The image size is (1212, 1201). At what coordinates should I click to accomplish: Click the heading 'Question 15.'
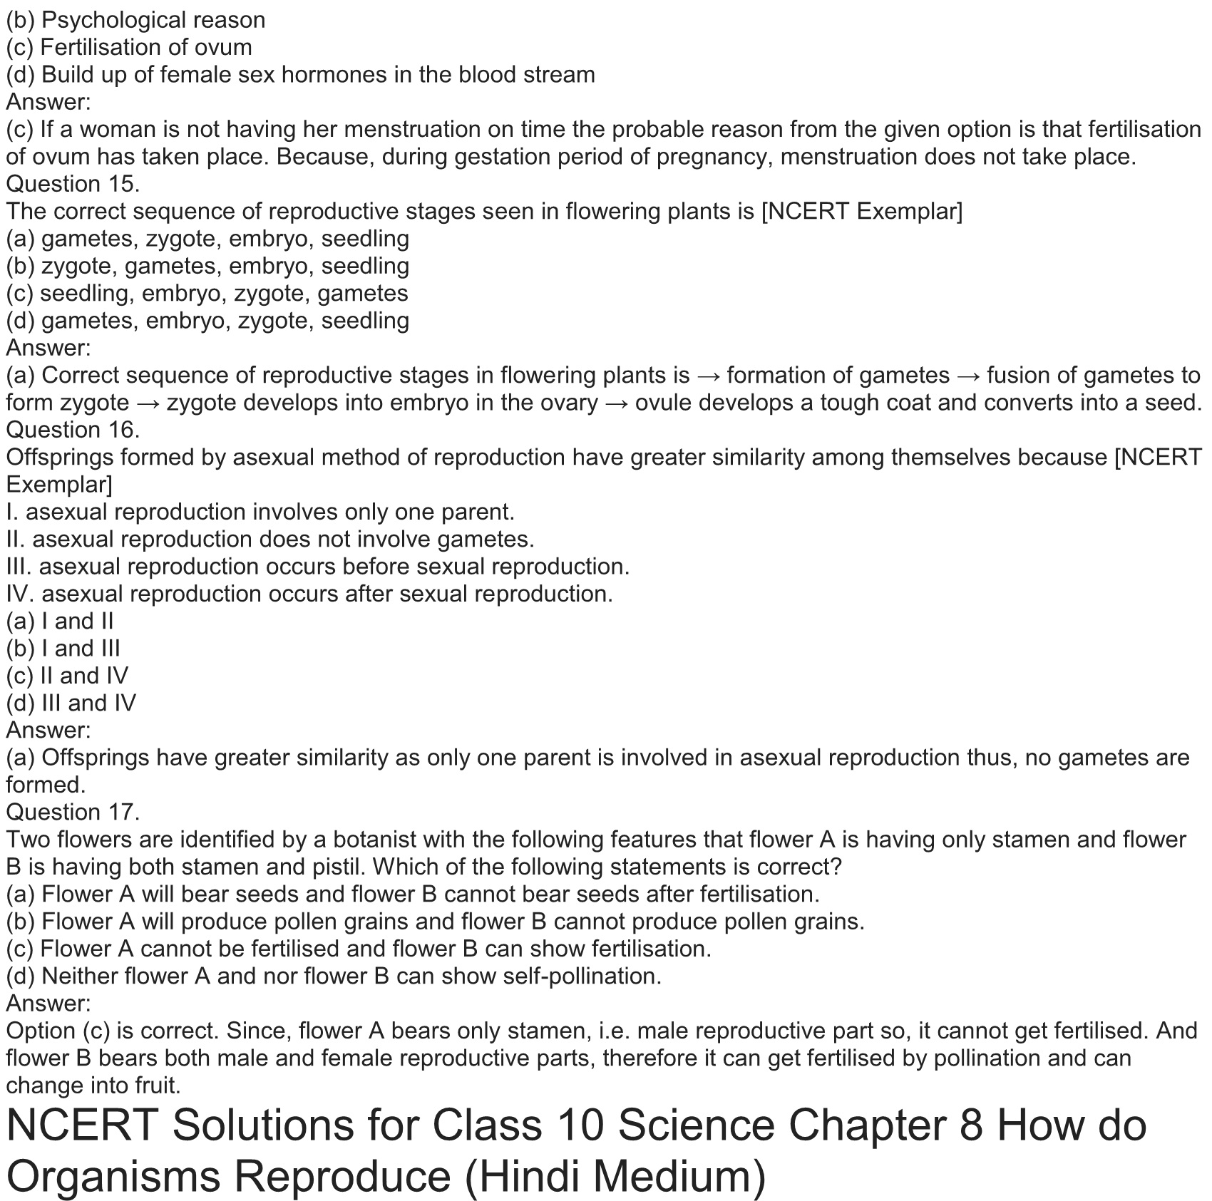click(x=73, y=184)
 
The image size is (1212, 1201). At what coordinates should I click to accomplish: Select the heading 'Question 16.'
click(x=73, y=430)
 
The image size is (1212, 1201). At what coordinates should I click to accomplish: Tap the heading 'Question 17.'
click(x=73, y=812)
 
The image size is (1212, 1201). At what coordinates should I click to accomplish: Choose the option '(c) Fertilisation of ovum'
click(x=129, y=47)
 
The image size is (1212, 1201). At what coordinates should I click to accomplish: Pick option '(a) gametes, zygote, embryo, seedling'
click(x=207, y=239)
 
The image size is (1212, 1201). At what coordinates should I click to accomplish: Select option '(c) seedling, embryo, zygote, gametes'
click(x=207, y=293)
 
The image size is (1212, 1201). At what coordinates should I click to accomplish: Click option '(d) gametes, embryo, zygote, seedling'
click(x=207, y=321)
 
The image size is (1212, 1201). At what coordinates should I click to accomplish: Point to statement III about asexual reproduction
click(x=318, y=567)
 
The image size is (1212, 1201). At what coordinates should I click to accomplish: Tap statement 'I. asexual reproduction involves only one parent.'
click(x=260, y=512)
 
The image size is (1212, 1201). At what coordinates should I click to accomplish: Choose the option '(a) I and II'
click(x=60, y=621)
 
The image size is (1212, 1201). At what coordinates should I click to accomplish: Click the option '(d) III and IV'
click(x=71, y=703)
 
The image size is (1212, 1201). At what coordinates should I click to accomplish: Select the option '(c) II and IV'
click(x=67, y=676)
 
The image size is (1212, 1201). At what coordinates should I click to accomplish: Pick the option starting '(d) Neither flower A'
click(x=334, y=976)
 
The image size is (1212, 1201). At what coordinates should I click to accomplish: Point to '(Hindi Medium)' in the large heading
click(x=615, y=1177)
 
